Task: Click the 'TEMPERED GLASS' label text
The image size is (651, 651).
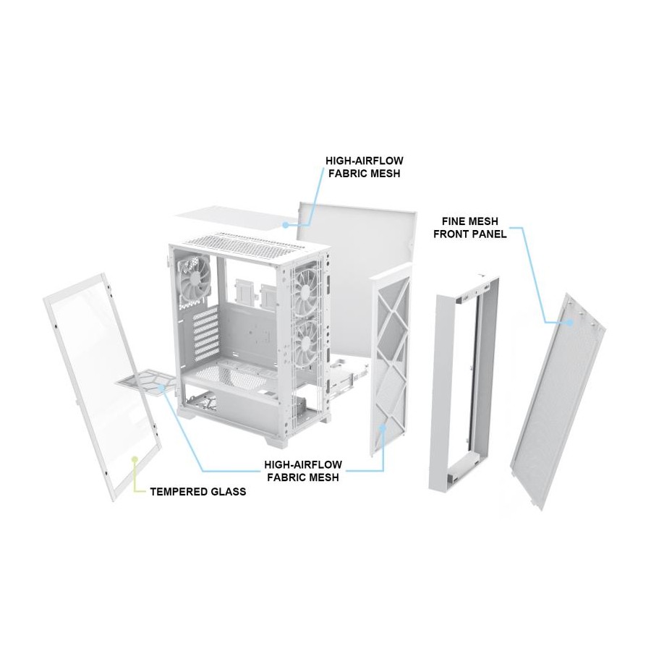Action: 198,492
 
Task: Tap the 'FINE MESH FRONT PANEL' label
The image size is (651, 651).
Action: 470,228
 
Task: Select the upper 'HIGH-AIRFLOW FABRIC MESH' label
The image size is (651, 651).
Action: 364,167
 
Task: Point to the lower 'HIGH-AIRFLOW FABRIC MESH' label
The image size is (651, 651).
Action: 303,471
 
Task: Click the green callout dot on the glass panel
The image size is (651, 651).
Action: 134,459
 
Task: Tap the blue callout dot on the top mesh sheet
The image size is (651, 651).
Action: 285,225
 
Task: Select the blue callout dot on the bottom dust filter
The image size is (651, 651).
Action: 161,388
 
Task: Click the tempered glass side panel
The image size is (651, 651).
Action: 102,386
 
